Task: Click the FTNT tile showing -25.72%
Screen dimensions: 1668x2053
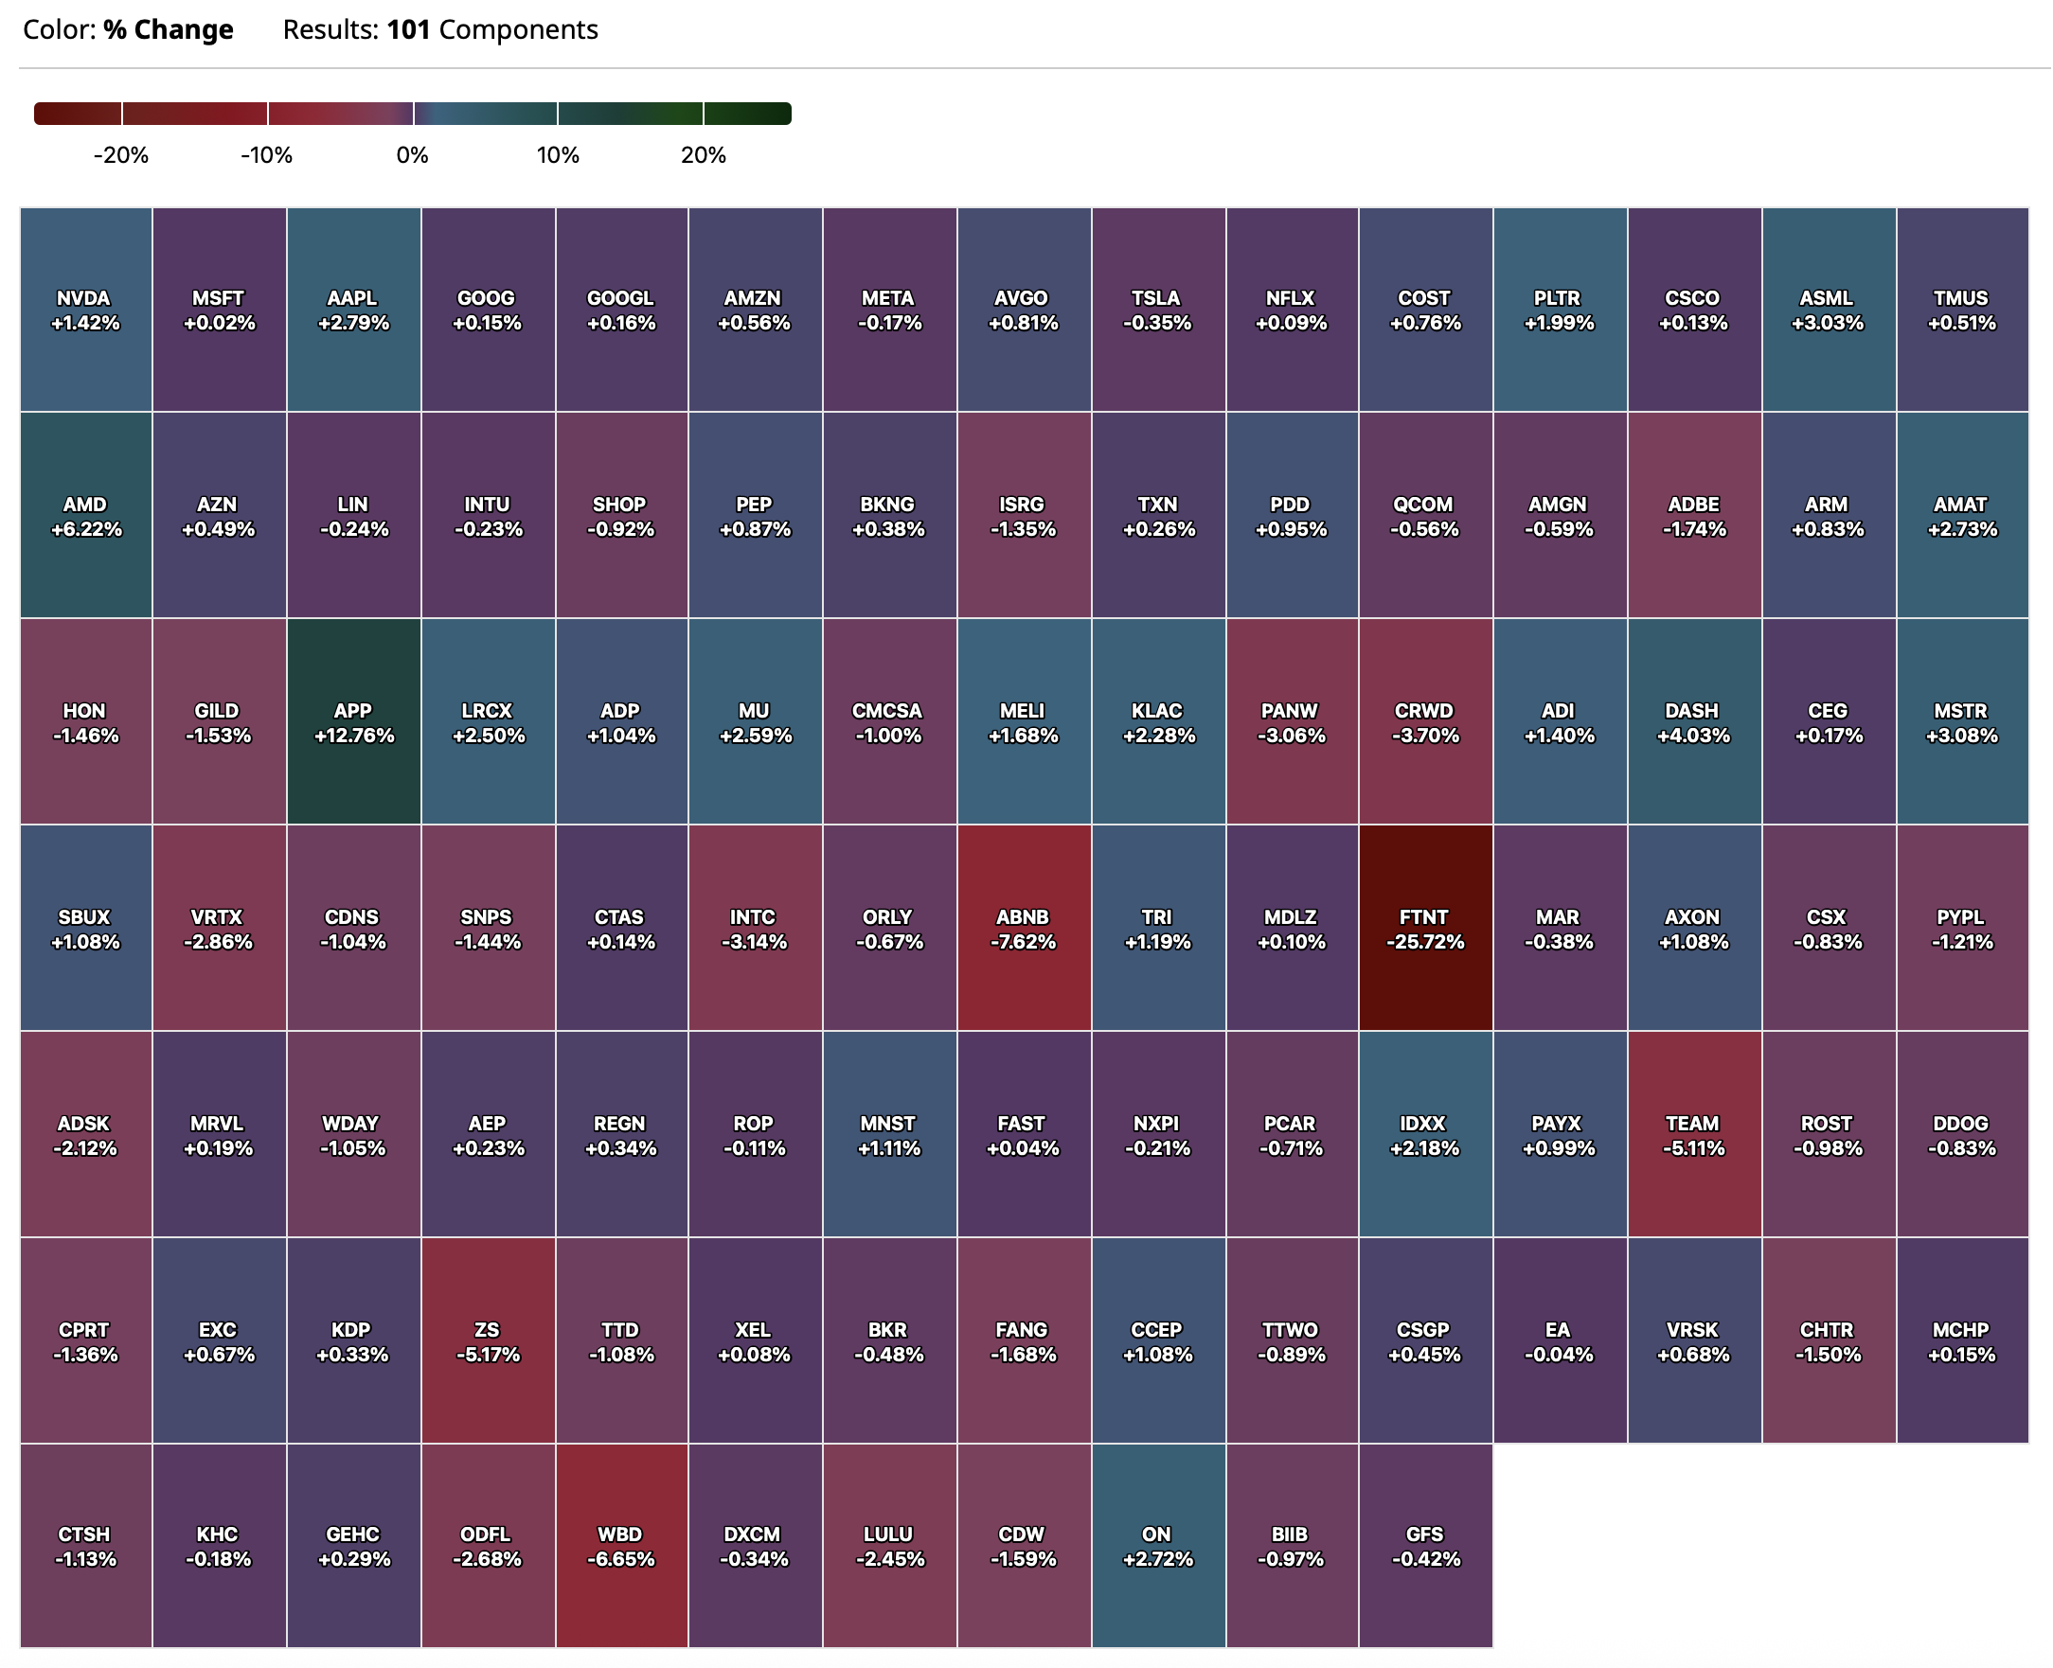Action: point(1424,928)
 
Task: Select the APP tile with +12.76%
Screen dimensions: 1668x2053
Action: point(352,721)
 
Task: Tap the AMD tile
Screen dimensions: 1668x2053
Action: point(85,516)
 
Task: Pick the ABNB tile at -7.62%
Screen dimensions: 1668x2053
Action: point(1023,928)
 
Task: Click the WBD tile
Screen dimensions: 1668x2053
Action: point(620,1546)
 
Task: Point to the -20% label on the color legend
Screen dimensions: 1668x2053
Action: point(121,155)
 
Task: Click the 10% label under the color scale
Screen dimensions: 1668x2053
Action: point(558,155)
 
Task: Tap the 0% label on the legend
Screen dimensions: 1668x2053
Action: point(412,155)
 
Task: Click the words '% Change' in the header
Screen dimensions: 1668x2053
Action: point(169,29)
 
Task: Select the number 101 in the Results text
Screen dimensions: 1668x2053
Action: point(408,29)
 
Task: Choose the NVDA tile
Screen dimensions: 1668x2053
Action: point(85,310)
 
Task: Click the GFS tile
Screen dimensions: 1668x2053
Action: point(1424,1546)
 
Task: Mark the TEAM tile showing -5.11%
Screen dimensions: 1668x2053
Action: point(1692,1135)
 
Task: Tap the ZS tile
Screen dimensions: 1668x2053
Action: point(488,1341)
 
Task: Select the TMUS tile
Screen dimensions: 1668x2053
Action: point(1961,310)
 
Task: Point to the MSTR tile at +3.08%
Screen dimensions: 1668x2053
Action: point(1961,721)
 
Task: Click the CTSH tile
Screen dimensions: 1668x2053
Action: point(85,1546)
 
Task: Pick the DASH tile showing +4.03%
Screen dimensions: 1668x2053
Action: point(1692,721)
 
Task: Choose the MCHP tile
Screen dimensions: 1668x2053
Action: point(1961,1341)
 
